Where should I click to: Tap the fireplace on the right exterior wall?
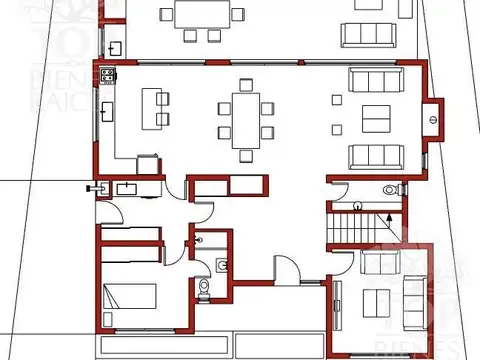(x=433, y=115)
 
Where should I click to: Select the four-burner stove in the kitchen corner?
(x=106, y=75)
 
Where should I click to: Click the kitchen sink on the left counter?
(x=105, y=110)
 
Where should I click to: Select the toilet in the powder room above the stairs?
(x=390, y=190)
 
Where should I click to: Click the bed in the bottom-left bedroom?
(x=127, y=298)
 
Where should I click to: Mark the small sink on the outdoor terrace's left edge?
(x=115, y=46)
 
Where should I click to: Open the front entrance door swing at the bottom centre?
(x=285, y=267)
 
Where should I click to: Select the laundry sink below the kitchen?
(x=127, y=187)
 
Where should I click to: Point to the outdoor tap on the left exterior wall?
(x=95, y=186)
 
